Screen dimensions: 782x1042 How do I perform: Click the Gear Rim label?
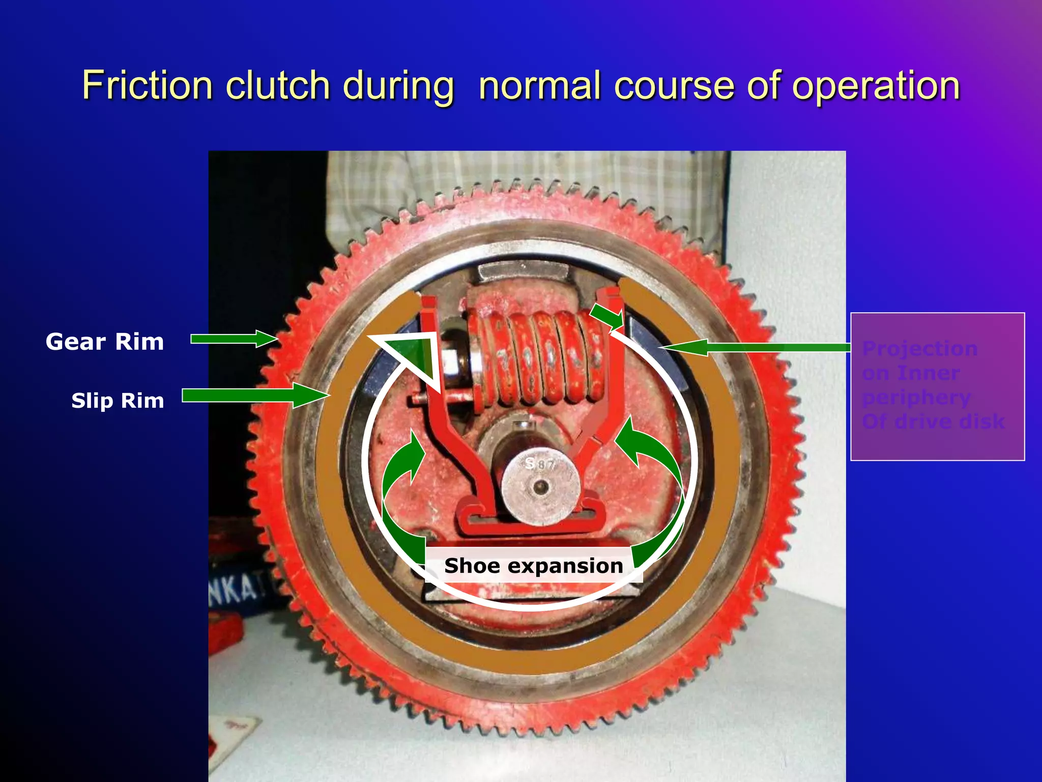click(105, 342)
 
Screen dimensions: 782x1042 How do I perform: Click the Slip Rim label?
click(118, 401)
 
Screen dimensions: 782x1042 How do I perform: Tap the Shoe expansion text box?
click(533, 566)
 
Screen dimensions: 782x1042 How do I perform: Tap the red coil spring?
click(534, 356)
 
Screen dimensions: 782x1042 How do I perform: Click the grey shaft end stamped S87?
click(540, 486)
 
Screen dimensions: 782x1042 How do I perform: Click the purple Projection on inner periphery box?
click(937, 387)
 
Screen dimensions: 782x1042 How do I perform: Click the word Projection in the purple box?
click(920, 349)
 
